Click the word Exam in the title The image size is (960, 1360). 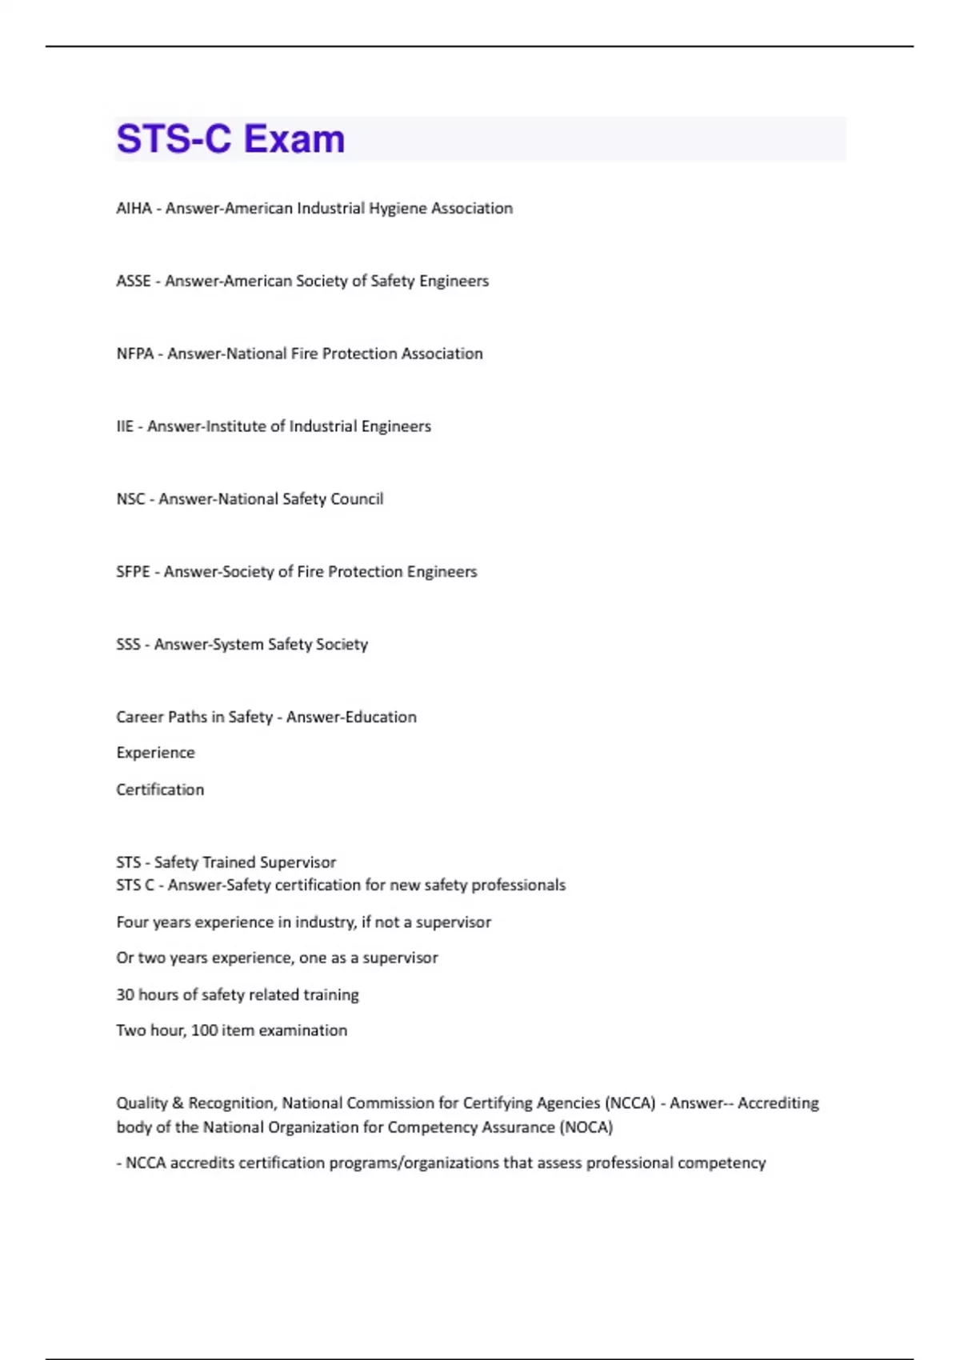click(294, 139)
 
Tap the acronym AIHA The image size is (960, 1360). click(134, 208)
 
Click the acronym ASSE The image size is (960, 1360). click(134, 281)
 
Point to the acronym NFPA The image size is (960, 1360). click(134, 354)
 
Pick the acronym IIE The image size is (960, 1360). click(125, 426)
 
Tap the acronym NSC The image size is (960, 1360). click(130, 499)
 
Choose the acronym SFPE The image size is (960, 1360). click(133, 572)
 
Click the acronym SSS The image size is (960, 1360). click(128, 645)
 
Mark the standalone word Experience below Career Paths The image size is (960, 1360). click(155, 753)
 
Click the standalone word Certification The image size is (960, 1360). click(160, 790)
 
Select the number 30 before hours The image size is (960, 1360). click(125, 995)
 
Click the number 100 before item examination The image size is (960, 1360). click(204, 1030)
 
